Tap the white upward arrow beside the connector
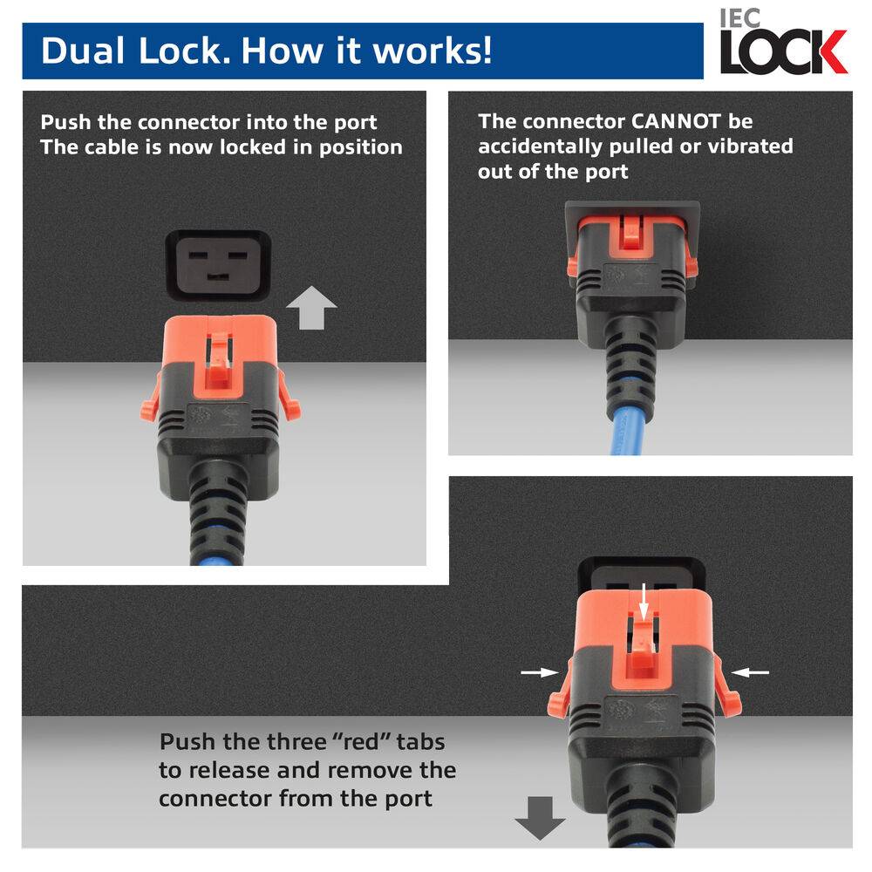tap(311, 310)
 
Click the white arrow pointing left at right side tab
tap(751, 671)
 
